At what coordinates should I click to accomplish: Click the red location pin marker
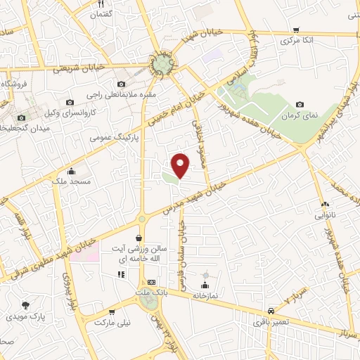tap(181, 165)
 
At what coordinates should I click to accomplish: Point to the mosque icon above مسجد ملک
tap(71, 171)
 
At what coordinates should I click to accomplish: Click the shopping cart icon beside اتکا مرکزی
tap(296, 30)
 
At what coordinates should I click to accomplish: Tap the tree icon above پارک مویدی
tap(26, 305)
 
